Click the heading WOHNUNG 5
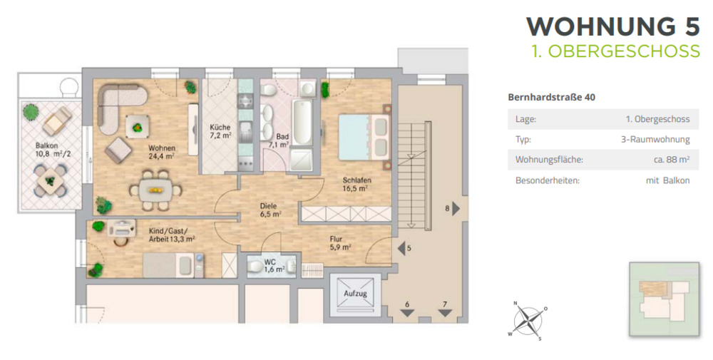coord(612,26)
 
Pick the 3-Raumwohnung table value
coord(655,140)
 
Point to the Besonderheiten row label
coord(547,180)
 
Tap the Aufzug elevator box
coord(355,294)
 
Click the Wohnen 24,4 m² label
coord(162,152)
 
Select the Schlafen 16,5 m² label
coord(356,185)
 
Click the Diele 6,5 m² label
coord(270,209)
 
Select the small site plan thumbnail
coord(664,297)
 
